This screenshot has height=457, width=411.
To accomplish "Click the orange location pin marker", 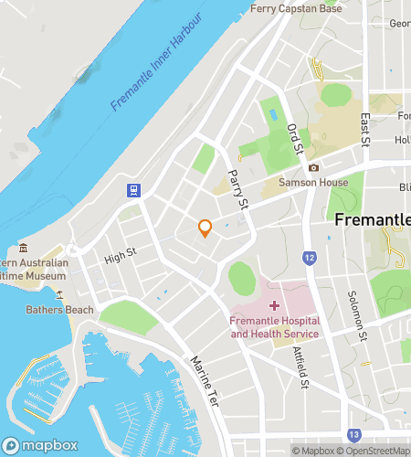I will [x=205, y=228].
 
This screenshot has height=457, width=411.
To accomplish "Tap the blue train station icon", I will [x=133, y=190].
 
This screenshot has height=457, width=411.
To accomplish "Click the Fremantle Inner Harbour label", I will [x=156, y=76].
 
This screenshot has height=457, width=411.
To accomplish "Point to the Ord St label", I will [x=294, y=139].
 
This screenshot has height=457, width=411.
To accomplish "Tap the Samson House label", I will [x=314, y=182].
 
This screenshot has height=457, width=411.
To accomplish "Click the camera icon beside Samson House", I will [x=314, y=167].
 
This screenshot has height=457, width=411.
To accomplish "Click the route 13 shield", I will [x=353, y=434].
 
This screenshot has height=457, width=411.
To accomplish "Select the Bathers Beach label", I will [x=59, y=310].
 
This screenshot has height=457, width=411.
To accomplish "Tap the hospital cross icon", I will [x=275, y=303].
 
